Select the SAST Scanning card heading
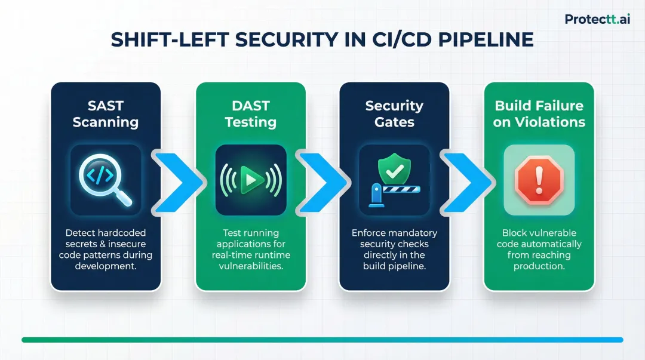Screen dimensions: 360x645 click(106, 114)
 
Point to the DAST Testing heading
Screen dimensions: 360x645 click(251, 114)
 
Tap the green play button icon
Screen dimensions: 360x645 click(250, 180)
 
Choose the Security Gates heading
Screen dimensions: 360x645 click(394, 114)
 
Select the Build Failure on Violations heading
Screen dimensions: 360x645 click(539, 114)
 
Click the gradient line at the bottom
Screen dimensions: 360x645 click(322, 340)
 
